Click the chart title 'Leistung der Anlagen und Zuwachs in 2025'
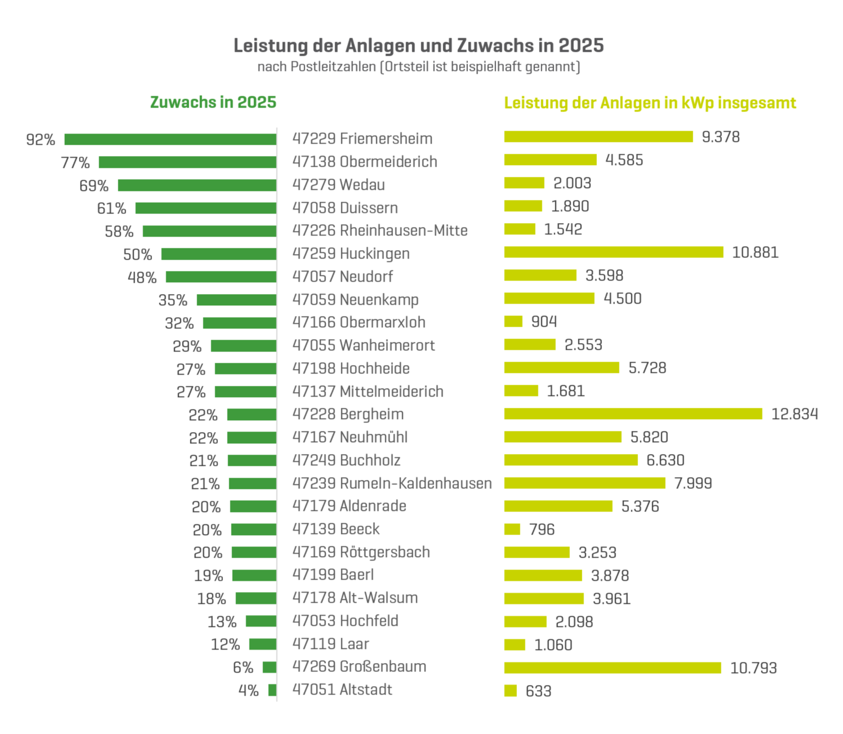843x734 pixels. [x=418, y=46]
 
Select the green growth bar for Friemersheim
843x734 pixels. [x=170, y=139]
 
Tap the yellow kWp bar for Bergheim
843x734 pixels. [x=632, y=414]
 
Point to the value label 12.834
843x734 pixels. [x=794, y=414]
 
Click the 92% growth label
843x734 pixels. [x=41, y=140]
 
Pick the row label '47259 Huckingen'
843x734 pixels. [x=351, y=253]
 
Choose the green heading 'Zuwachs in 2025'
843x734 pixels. [x=213, y=103]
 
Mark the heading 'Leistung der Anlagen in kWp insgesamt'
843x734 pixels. [x=650, y=103]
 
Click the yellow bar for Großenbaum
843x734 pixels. [x=612, y=668]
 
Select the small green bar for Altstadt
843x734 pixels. [x=273, y=690]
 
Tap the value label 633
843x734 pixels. [x=538, y=691]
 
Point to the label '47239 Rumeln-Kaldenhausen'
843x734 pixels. [x=392, y=483]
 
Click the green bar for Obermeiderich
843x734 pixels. [x=188, y=162]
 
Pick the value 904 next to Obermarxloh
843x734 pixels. [x=544, y=322]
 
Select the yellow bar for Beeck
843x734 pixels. [x=512, y=530]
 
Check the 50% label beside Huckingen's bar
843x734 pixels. [x=137, y=255]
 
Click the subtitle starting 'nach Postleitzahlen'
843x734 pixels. [x=418, y=67]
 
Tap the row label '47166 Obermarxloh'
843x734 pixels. [x=359, y=322]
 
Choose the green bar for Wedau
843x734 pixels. [x=197, y=185]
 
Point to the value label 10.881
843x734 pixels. [x=755, y=252]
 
